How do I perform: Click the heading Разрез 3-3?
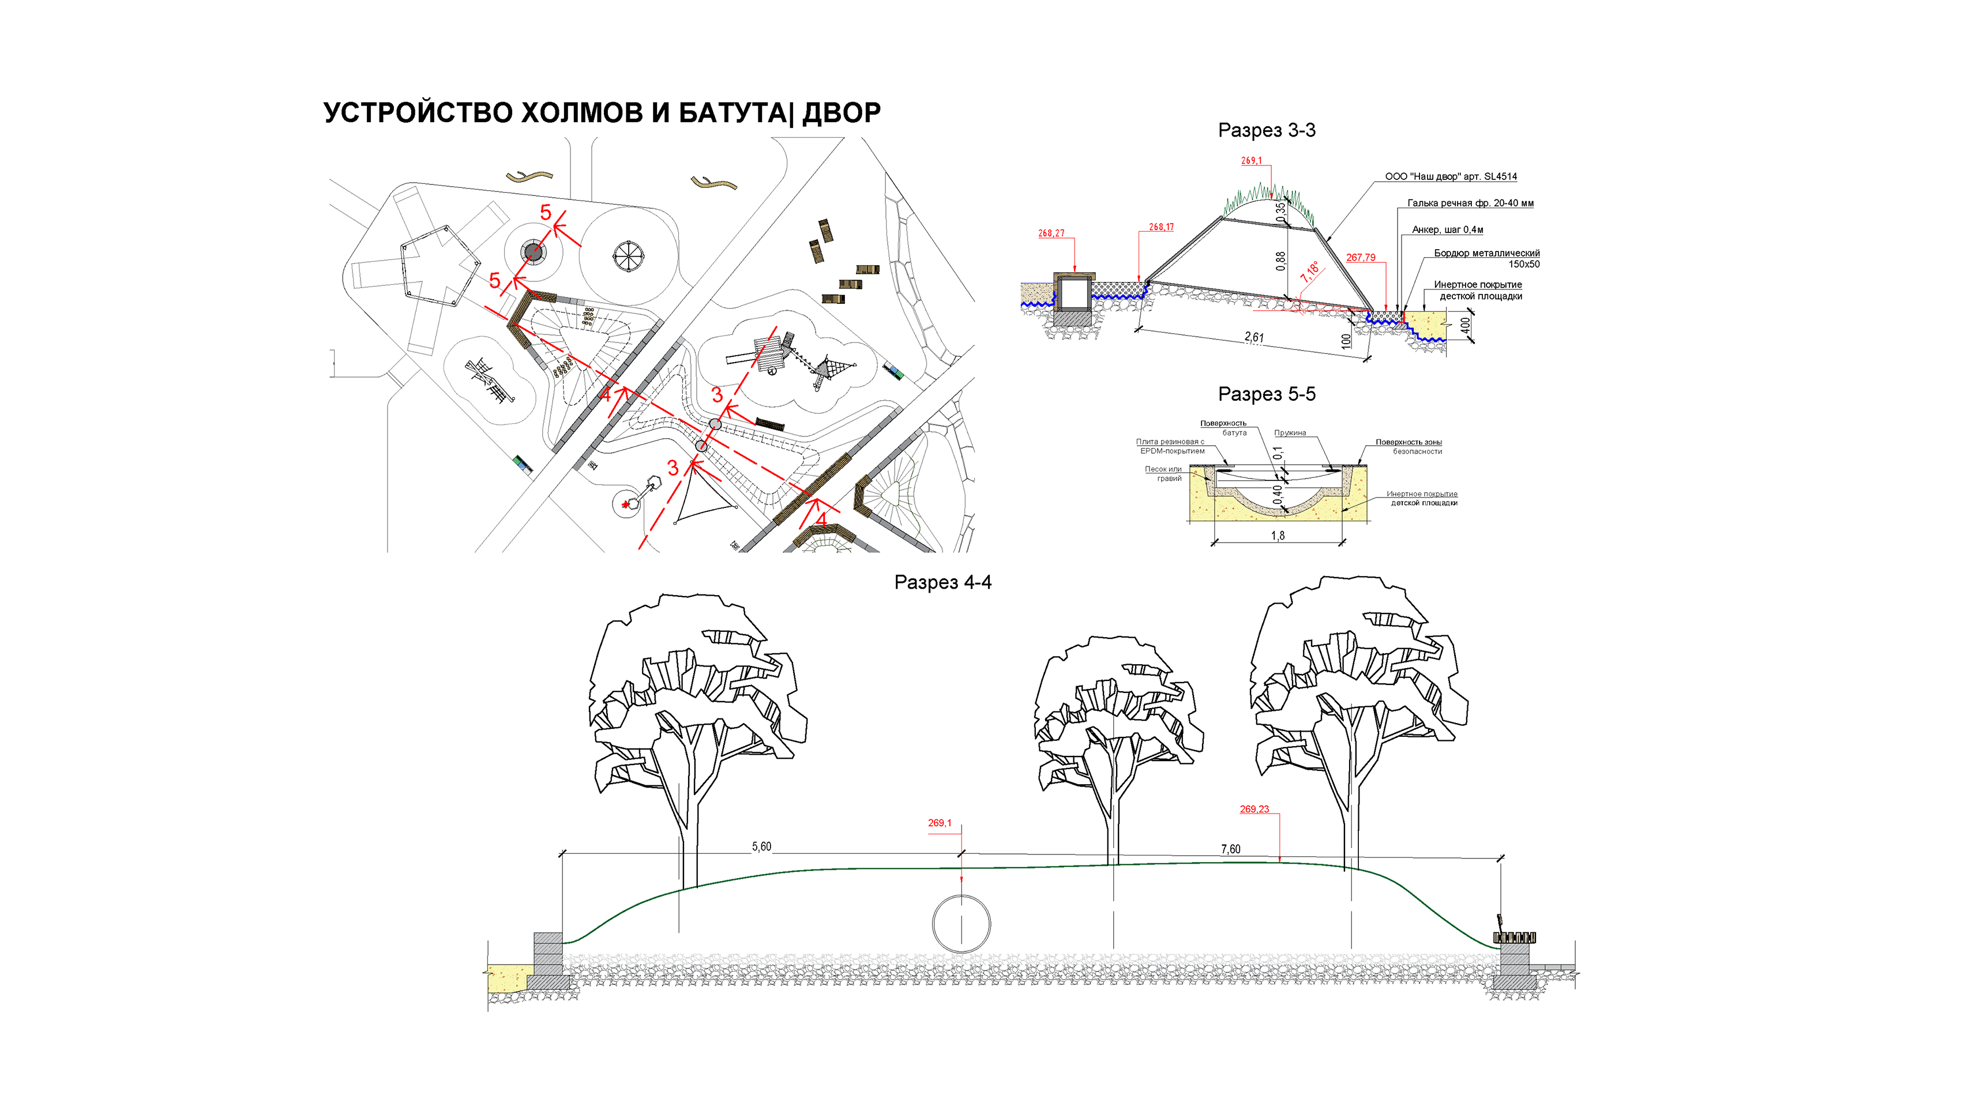[x=1266, y=130]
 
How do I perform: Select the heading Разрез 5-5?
[x=1266, y=395]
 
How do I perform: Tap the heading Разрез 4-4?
[x=942, y=582]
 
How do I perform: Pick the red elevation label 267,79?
[x=1360, y=258]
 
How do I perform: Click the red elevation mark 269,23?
[x=1254, y=809]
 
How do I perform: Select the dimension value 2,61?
[x=1254, y=337]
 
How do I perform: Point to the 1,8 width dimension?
[x=1278, y=536]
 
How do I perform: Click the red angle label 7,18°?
[x=1310, y=271]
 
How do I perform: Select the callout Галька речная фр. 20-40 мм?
[x=1470, y=203]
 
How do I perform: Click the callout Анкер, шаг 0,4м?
[x=1447, y=230]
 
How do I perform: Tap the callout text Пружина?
[x=1290, y=433]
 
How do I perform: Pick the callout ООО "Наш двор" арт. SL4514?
[x=1450, y=176]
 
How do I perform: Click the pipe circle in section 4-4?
[x=961, y=924]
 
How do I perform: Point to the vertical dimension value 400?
[x=1464, y=326]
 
